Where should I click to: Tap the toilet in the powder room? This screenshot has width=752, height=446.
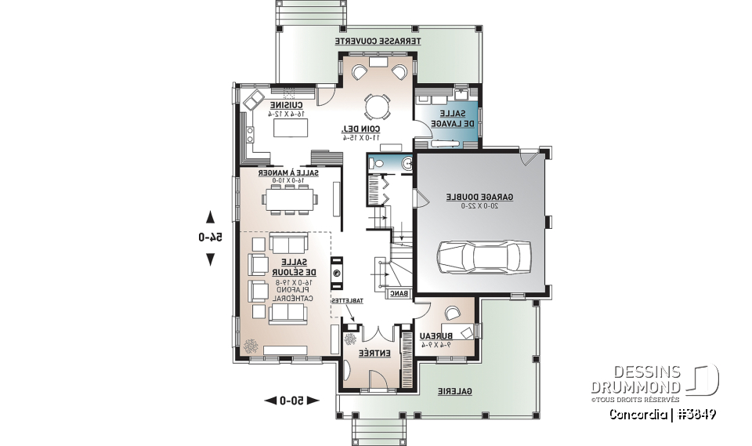coord(377,163)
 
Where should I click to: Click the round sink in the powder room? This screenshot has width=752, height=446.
coord(407,163)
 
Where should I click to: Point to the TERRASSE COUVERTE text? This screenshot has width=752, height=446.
coord(378,40)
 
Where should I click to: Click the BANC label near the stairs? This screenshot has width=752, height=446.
coord(399,294)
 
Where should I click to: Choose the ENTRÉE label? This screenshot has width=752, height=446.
coord(374,354)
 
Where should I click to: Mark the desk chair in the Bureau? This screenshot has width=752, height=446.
coord(451,314)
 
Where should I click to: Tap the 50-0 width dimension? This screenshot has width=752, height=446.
coord(291,401)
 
